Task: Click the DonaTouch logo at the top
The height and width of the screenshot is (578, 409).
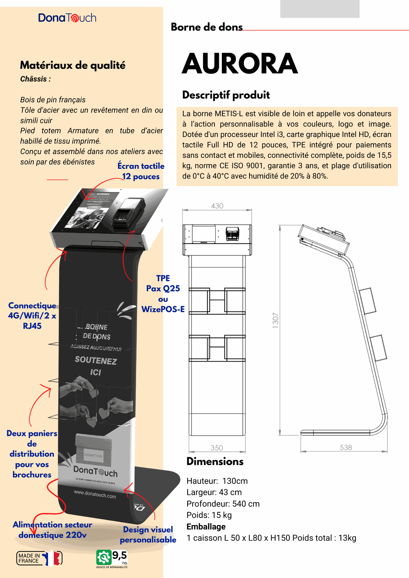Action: (67, 18)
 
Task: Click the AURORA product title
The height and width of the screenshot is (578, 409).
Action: (240, 64)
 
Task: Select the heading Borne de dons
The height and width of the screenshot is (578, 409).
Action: (206, 27)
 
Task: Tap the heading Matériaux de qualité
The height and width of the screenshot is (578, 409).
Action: (73, 65)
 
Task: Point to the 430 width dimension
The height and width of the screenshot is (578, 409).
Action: (217, 206)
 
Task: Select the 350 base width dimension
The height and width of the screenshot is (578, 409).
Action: (217, 448)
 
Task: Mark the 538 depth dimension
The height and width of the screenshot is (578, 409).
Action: (346, 447)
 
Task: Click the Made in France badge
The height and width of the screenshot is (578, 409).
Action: (39, 558)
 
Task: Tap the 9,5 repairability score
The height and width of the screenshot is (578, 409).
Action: (119, 555)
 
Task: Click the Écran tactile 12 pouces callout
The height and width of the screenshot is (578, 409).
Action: (141, 171)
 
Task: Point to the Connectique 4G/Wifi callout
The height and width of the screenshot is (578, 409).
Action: (32, 315)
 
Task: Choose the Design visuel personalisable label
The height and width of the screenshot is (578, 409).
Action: (148, 534)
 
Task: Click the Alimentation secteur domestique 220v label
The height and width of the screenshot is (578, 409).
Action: (52, 530)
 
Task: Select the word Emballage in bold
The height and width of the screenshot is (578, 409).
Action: (206, 527)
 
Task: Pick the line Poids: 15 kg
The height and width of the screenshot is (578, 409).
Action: (209, 515)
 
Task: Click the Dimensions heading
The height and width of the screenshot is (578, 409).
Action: (215, 461)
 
